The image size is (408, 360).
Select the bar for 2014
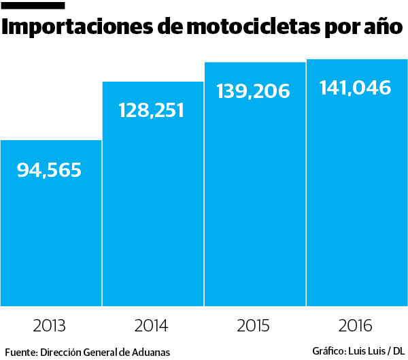click(153, 204)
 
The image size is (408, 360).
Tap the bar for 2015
click(255, 197)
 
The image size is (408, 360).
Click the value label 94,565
click(49, 170)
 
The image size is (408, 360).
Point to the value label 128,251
click(151, 110)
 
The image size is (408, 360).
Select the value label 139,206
click(254, 91)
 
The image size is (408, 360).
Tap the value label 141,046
click(355, 88)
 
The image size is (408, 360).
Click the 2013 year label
click(49, 325)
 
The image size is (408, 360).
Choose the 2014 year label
click(152, 325)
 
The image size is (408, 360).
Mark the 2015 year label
click(254, 325)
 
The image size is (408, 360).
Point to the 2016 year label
click(356, 325)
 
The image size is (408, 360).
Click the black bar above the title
click(34, 6)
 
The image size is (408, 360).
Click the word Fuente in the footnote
click(20, 352)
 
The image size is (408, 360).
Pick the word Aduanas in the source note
click(150, 352)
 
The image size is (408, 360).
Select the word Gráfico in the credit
click(328, 351)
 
